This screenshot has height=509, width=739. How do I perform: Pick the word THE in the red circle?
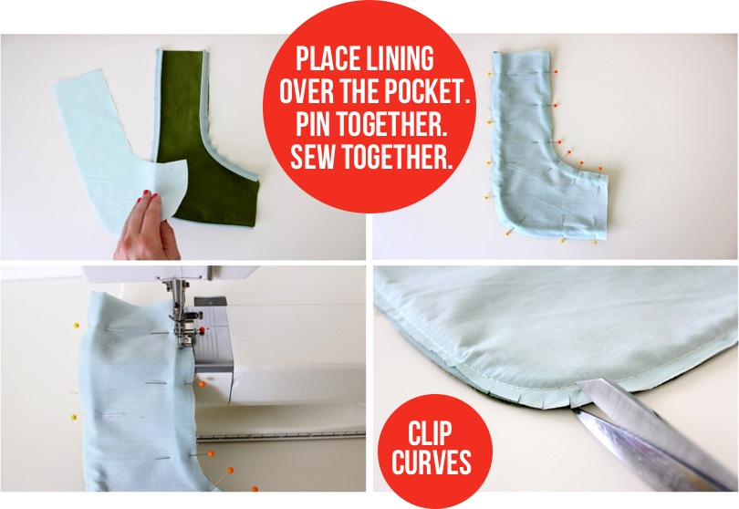pyautogui.click(x=358, y=92)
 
